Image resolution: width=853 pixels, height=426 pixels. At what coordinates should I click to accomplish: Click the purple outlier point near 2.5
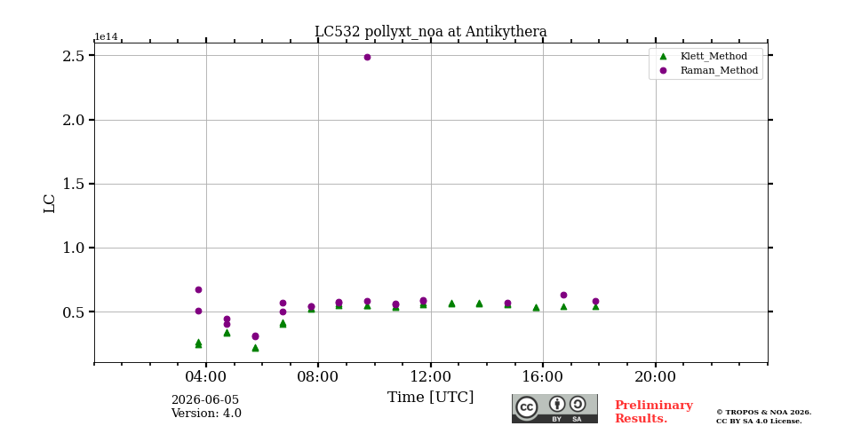coord(367,57)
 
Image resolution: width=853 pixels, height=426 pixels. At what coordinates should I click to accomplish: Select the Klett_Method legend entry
coord(704,56)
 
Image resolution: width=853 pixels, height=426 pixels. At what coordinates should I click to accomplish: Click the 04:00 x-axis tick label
coord(206,377)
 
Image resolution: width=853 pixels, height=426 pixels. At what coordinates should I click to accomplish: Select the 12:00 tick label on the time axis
coord(431,377)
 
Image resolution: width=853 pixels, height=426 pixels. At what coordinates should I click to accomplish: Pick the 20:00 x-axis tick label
coord(656,377)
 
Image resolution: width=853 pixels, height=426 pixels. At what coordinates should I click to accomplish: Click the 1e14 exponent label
coord(106,36)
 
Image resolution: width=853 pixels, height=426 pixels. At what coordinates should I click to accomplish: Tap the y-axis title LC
coord(50,204)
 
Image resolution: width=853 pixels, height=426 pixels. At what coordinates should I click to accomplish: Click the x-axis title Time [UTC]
coord(430,398)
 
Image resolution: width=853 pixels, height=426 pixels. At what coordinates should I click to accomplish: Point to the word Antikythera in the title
coord(506,32)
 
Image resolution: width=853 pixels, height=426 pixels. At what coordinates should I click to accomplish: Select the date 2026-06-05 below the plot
coord(205,400)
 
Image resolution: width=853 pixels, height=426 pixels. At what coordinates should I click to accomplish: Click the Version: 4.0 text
coord(206,413)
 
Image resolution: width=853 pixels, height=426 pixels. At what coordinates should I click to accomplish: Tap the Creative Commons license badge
coord(554,408)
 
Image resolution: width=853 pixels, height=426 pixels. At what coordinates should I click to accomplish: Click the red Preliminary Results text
coord(654,412)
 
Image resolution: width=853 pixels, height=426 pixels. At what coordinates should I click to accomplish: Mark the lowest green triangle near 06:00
coord(255,348)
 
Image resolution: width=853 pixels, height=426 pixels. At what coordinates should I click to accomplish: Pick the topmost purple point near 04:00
coord(198,289)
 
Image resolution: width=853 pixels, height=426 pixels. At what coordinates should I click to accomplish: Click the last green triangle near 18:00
coord(595,306)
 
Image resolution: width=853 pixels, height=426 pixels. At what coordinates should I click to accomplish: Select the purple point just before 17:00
coord(563,295)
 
